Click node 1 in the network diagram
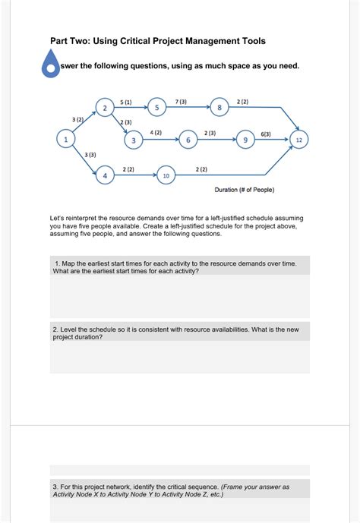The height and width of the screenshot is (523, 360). (65, 140)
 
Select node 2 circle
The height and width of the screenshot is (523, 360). (105, 107)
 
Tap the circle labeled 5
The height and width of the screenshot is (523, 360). (156, 107)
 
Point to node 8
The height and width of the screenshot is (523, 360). (219, 107)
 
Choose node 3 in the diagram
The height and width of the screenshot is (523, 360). (134, 140)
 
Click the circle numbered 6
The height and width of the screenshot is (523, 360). (188, 140)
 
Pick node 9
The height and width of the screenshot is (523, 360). (245, 140)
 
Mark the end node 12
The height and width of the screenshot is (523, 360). (299, 140)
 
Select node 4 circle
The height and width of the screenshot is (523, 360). (105, 175)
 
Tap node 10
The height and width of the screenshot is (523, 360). (166, 175)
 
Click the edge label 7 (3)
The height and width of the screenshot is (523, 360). (181, 102)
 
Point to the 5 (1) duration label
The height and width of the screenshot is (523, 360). (126, 102)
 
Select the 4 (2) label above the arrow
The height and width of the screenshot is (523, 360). (156, 132)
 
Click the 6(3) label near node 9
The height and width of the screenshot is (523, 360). (266, 134)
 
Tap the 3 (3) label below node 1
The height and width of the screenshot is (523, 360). (90, 155)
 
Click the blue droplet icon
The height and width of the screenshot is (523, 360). (50, 63)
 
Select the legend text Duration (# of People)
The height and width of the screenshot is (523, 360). (245, 190)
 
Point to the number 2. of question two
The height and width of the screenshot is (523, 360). (55, 329)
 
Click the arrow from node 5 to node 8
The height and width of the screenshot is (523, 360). (188, 107)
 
